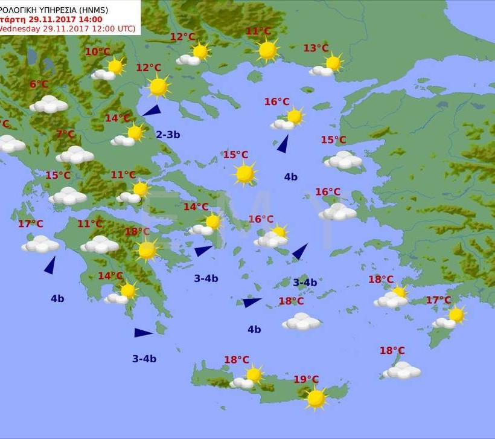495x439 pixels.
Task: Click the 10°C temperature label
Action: (x=97, y=52)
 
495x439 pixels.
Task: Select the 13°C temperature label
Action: (x=316, y=48)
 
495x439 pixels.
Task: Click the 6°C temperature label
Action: (x=39, y=85)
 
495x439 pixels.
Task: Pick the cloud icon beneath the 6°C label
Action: (x=48, y=104)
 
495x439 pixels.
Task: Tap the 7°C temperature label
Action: (x=65, y=134)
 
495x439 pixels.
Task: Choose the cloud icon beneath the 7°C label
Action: (x=75, y=155)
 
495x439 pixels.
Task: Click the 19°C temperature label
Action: (x=306, y=379)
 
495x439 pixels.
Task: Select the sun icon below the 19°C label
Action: (x=316, y=398)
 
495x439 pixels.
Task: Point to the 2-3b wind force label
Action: (x=168, y=135)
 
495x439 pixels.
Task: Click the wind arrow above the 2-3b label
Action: (x=152, y=111)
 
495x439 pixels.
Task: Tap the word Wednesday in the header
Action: (x=21, y=28)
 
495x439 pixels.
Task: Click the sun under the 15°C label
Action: (x=244, y=174)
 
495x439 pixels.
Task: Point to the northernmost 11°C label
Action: (x=258, y=31)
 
